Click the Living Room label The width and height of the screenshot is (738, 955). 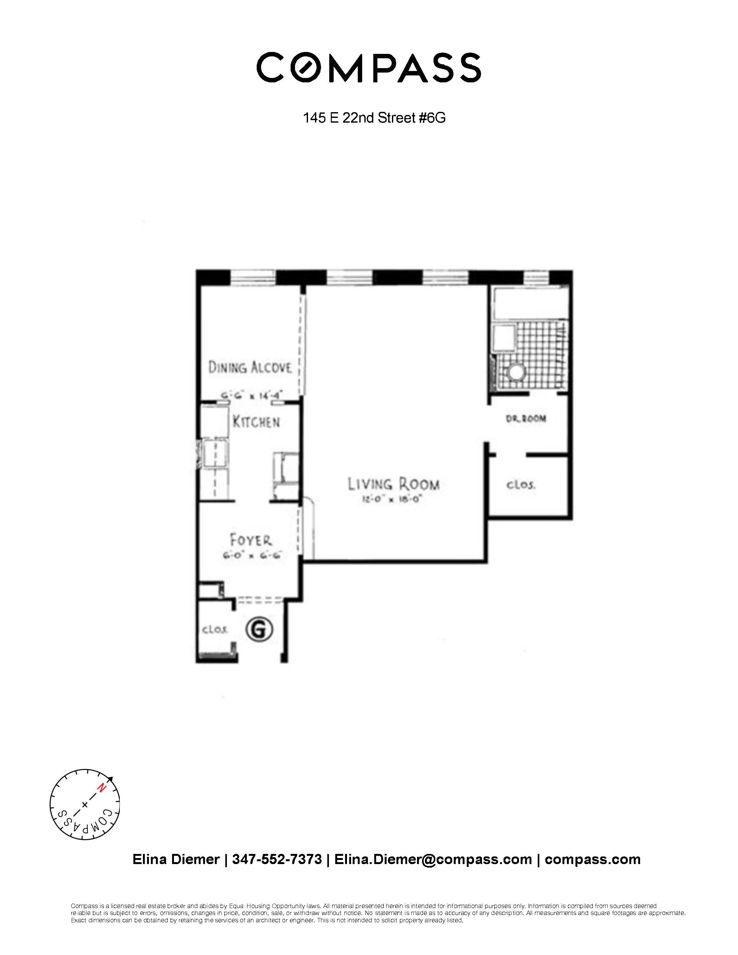394,484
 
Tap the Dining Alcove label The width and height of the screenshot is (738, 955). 250,367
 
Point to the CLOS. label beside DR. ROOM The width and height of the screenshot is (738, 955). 521,485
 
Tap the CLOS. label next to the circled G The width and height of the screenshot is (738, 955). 214,630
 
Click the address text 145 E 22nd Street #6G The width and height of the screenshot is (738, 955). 374,118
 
